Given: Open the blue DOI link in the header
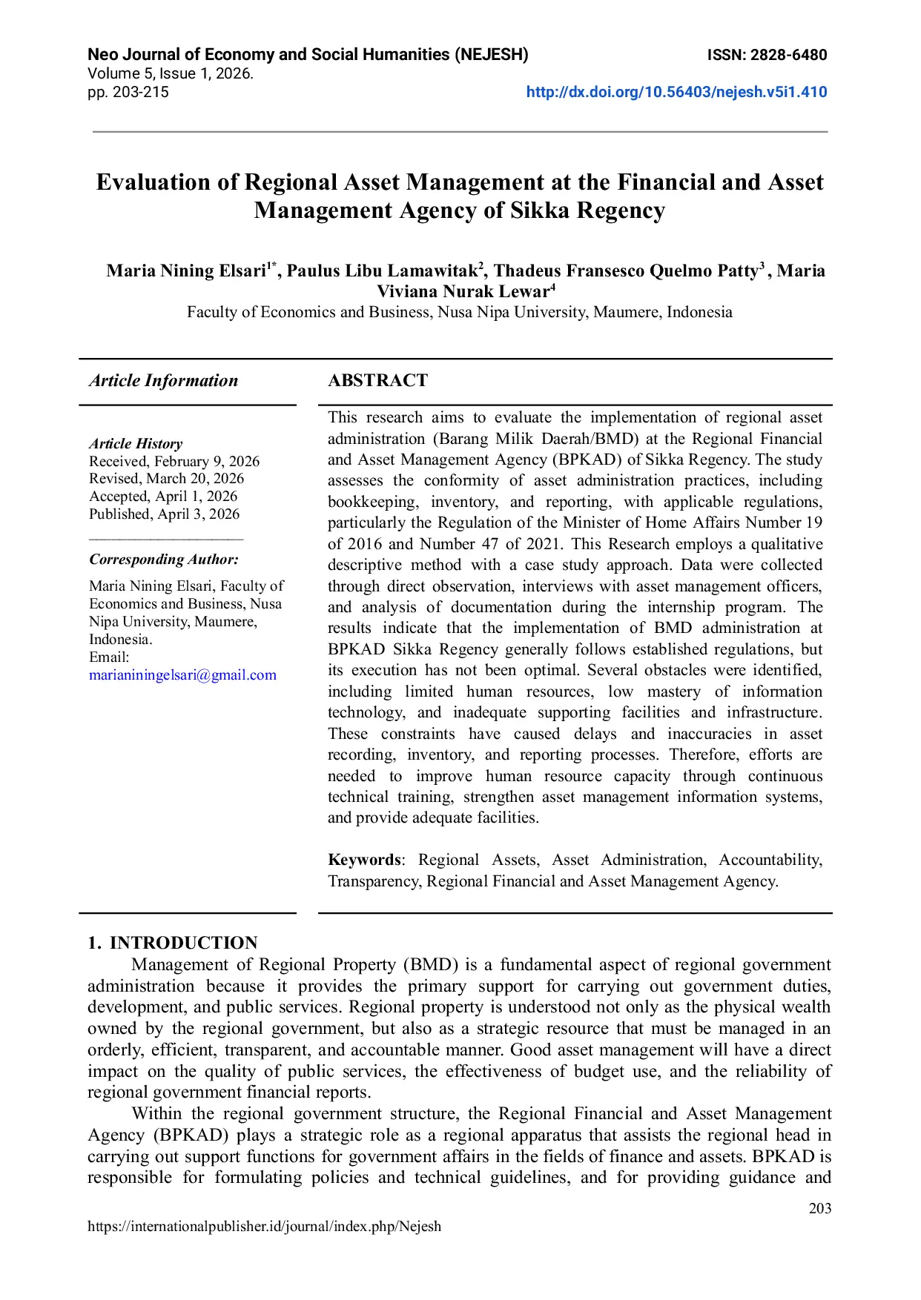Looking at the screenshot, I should click(x=676, y=93).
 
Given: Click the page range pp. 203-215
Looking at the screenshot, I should click(x=128, y=93).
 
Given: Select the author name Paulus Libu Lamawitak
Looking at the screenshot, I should click(x=382, y=271).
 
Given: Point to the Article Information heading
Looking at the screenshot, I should click(x=163, y=381).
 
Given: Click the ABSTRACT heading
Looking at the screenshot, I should click(x=377, y=381).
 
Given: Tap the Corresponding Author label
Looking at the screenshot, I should click(x=164, y=560).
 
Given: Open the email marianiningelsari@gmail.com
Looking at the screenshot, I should click(x=182, y=675).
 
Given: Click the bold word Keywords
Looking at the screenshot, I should click(x=363, y=860).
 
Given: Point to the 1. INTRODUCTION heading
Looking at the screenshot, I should click(x=173, y=943).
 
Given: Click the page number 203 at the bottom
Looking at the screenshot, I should click(x=819, y=1209).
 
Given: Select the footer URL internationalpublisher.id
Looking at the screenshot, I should click(x=264, y=1227).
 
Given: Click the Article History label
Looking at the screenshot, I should click(x=136, y=444).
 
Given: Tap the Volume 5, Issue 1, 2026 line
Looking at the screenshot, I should click(x=171, y=74).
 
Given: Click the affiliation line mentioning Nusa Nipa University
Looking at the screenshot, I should click(x=459, y=312).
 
